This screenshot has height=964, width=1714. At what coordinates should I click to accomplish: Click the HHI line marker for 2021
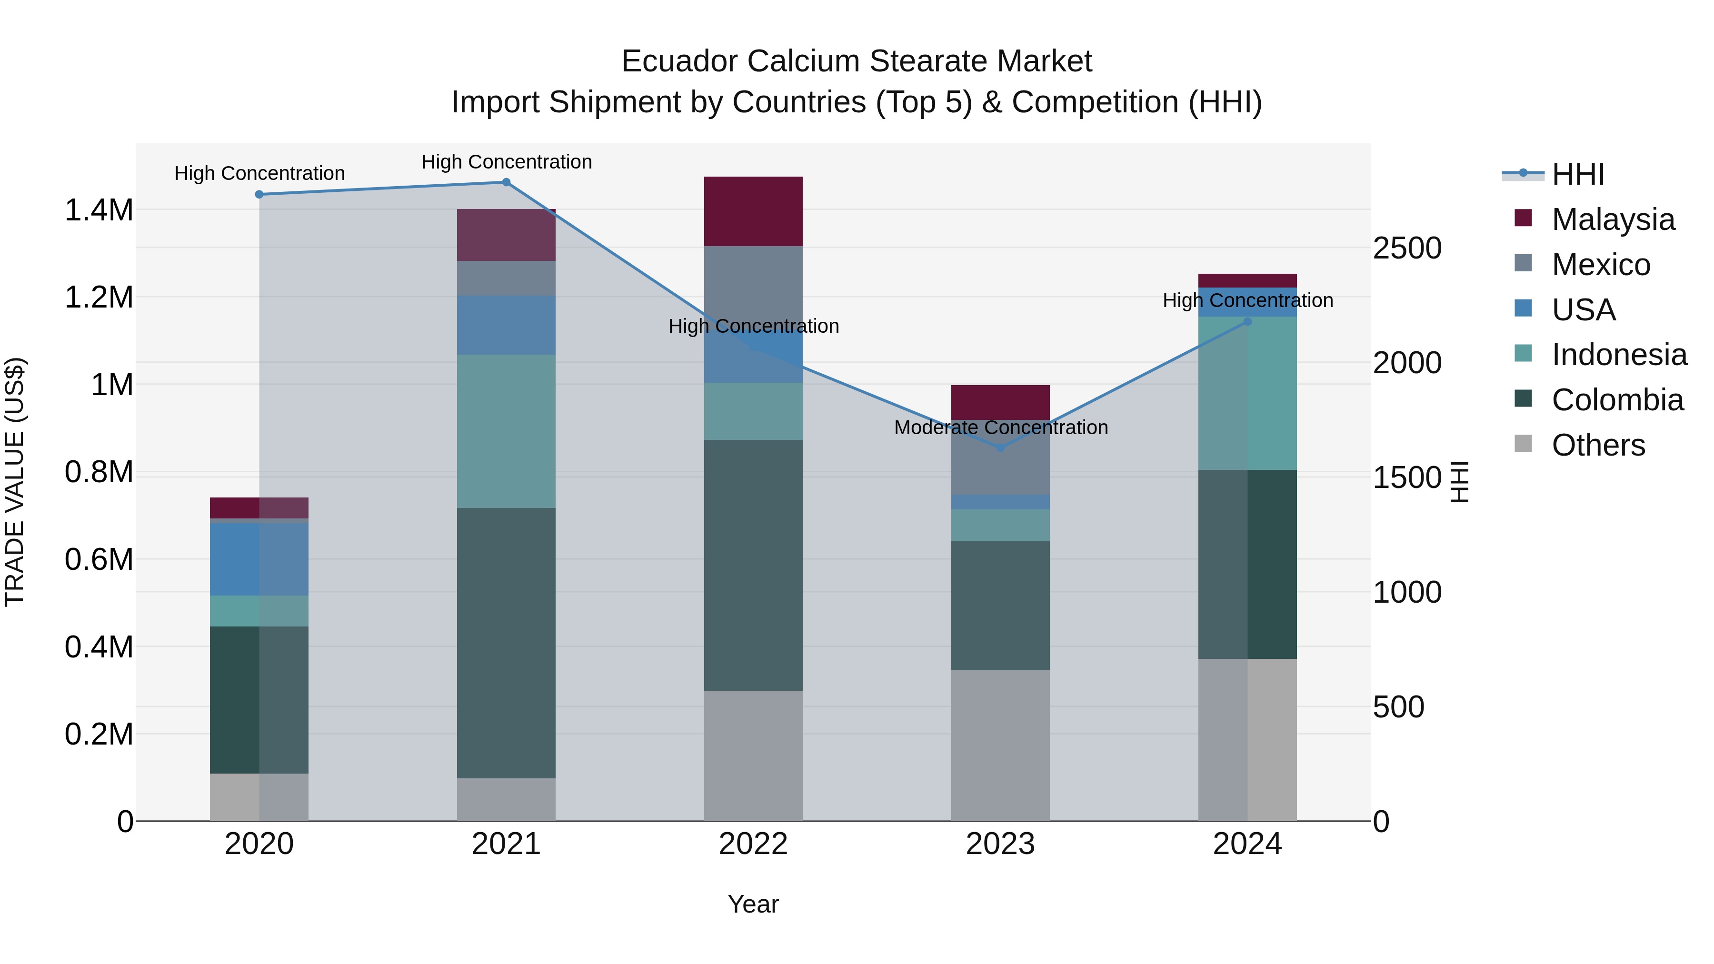point(506,182)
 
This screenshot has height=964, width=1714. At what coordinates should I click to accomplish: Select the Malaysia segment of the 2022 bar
point(753,211)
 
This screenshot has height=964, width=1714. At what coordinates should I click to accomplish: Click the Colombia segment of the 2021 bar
point(506,643)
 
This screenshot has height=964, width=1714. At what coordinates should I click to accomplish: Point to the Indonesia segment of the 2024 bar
point(1247,393)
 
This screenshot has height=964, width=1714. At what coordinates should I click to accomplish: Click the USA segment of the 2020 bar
point(259,559)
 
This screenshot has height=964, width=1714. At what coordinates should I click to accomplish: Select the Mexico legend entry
point(1600,265)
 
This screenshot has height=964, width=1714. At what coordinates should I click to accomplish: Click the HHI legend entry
point(1578,174)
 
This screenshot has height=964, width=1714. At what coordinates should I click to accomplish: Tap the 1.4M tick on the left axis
point(99,210)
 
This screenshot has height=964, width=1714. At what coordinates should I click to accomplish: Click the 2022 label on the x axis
point(753,844)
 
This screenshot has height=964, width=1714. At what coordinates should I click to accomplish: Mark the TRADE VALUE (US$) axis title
point(15,482)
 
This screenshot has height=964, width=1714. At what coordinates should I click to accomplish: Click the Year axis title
point(753,904)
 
